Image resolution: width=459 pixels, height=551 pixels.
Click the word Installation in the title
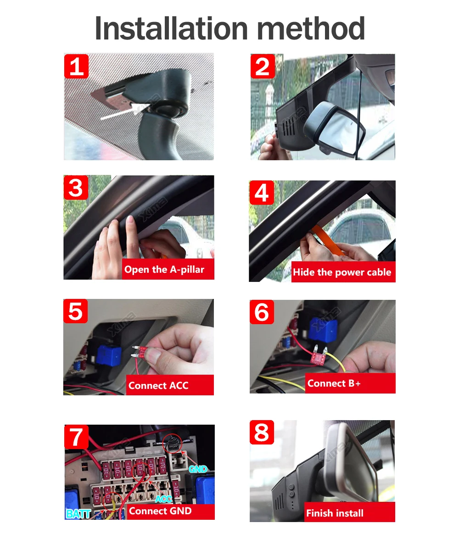click(x=171, y=28)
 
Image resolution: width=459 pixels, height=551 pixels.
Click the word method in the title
click(x=311, y=28)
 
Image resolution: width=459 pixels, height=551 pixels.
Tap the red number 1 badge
click(x=76, y=66)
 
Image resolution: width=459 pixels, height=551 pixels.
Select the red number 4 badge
click(x=262, y=192)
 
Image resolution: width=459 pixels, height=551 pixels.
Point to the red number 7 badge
click(x=77, y=437)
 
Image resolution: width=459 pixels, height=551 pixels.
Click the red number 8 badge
click(x=262, y=432)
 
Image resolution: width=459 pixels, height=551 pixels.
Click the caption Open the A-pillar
click(x=164, y=270)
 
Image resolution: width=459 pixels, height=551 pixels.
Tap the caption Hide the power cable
click(x=342, y=272)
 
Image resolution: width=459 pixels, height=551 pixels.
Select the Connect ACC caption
click(x=158, y=386)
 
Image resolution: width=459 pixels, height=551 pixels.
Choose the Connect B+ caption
click(x=334, y=383)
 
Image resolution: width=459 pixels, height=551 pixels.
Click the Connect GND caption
click(x=160, y=511)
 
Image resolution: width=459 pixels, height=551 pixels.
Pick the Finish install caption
click(x=335, y=513)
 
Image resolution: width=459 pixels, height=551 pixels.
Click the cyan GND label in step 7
click(x=198, y=469)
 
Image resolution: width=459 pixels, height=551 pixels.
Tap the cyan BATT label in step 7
click(x=78, y=514)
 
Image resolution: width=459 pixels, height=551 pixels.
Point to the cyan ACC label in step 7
click(x=163, y=499)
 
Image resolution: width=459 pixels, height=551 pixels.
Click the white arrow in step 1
click(x=124, y=111)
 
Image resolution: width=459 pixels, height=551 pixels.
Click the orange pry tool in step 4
click(x=328, y=241)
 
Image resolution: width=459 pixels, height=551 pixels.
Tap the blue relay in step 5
click(x=108, y=356)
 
